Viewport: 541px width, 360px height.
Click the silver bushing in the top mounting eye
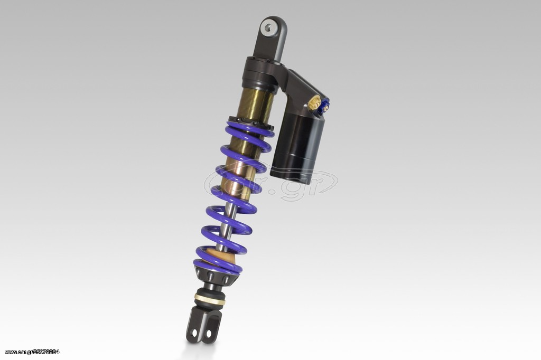point(268,27)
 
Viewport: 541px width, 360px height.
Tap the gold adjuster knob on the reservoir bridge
point(314,103)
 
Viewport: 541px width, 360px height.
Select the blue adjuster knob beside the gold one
point(325,105)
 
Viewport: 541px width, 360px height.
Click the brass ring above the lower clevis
point(209,299)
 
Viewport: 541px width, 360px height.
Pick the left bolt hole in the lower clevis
point(194,333)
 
